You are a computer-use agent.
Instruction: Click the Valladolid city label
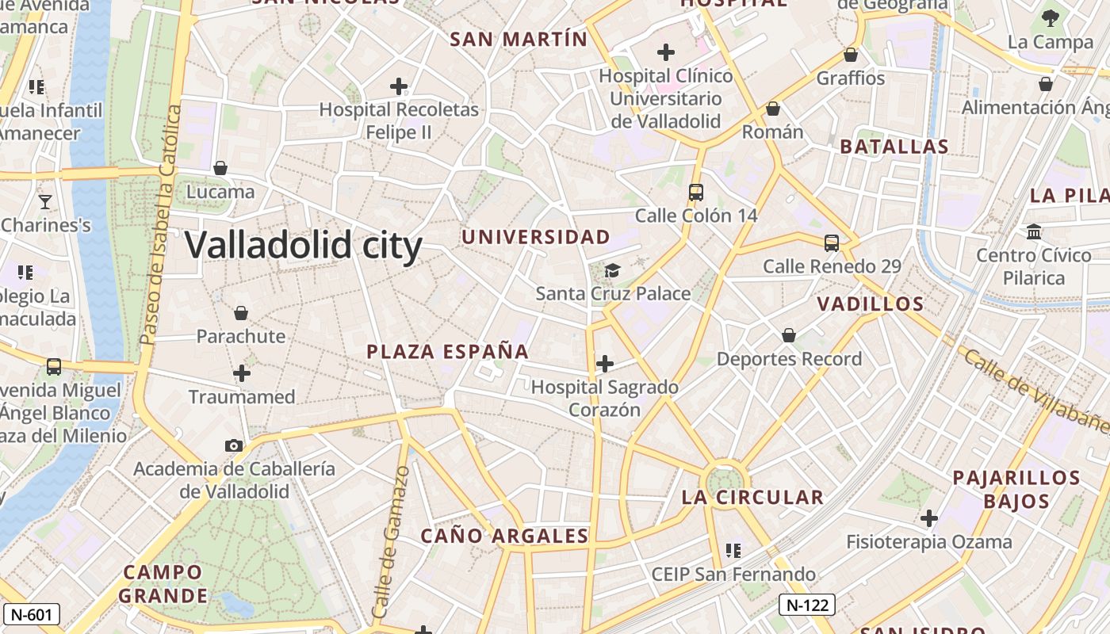point(304,245)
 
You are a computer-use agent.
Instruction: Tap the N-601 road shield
point(32,613)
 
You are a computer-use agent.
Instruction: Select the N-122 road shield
point(807,605)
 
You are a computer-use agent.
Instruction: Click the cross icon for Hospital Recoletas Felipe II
point(399,86)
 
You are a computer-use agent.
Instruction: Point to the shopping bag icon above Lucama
point(220,168)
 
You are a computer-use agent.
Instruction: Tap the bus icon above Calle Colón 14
point(696,192)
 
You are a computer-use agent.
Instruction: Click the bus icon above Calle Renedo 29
point(832,243)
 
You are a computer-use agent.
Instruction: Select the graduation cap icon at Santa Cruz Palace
point(612,270)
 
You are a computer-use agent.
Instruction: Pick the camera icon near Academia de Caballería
point(233,445)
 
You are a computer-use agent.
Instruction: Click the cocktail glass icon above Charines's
point(45,202)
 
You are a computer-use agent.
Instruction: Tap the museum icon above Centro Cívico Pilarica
point(1034,232)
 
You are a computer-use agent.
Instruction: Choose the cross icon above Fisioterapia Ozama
point(928,519)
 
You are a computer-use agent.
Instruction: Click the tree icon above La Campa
point(1051,17)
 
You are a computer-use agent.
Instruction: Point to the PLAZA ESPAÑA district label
point(448,352)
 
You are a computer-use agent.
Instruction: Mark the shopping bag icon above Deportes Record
point(789,336)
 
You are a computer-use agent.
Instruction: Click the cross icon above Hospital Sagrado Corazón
point(605,364)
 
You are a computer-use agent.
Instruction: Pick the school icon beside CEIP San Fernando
point(733,550)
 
